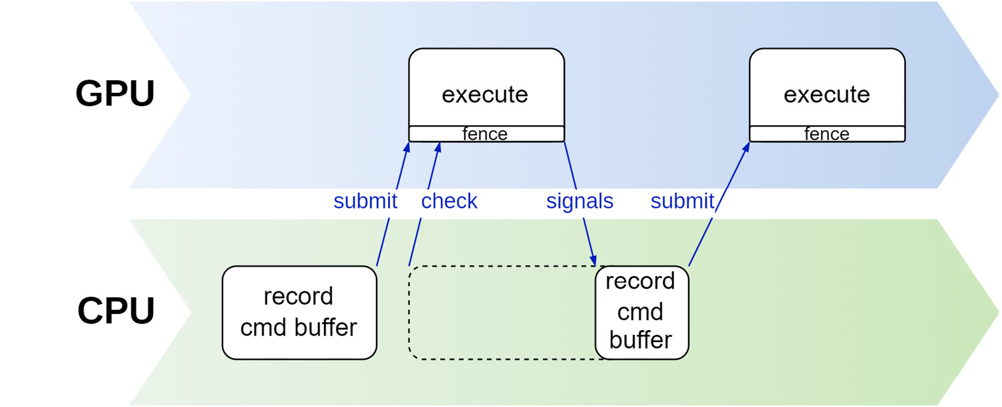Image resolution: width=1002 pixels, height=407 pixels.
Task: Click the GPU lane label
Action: coord(115,94)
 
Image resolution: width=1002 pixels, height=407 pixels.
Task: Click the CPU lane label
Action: coord(116,311)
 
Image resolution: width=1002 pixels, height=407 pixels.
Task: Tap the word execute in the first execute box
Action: coord(485,94)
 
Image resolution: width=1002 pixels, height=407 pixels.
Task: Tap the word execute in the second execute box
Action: coord(827,94)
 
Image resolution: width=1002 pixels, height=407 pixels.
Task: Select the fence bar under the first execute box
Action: coord(486,134)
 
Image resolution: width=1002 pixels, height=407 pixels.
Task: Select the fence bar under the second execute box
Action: coord(827,134)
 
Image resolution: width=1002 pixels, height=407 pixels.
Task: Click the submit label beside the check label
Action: coord(365,201)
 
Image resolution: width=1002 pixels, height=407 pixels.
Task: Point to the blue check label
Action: coord(449,201)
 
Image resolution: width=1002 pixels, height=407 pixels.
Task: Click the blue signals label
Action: coord(580,201)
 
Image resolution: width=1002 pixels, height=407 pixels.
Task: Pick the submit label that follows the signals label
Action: coord(682,201)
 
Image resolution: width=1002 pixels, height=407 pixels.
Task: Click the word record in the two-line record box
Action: coord(299,297)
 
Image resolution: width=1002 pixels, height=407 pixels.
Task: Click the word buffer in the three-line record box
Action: coord(641,340)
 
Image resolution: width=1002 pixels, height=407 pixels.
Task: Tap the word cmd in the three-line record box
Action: coord(640,311)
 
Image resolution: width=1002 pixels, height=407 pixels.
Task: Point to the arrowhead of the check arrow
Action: coord(438,148)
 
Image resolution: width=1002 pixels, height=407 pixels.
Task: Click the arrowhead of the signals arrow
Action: coord(593,260)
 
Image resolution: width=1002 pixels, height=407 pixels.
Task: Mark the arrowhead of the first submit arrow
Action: coord(407,148)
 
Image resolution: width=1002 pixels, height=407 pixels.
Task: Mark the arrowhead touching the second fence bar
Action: coord(745,147)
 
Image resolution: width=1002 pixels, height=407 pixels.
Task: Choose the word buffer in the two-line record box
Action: coord(326,327)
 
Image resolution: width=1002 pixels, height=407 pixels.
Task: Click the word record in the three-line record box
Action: coord(640,281)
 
